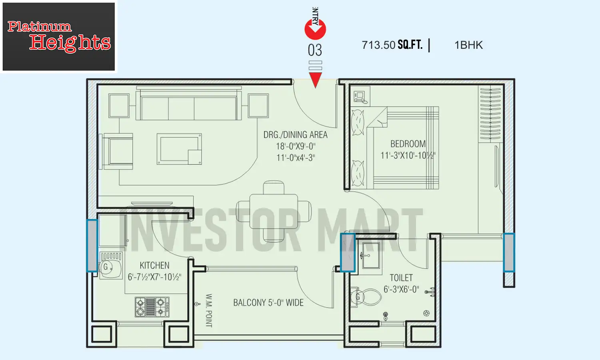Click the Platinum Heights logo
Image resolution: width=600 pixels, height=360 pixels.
click(x=59, y=37)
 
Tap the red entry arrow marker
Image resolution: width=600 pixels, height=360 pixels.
click(x=315, y=29)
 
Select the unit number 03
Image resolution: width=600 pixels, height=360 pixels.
click(x=315, y=50)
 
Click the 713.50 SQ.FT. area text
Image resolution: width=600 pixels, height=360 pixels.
click(x=392, y=45)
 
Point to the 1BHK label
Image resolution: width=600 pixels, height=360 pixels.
click(x=468, y=45)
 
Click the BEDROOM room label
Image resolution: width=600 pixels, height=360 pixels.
click(x=408, y=144)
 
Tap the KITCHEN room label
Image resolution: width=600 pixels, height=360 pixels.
click(x=154, y=266)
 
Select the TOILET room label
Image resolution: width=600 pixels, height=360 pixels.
click(x=401, y=278)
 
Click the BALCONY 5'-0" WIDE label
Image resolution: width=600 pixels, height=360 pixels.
click(x=268, y=303)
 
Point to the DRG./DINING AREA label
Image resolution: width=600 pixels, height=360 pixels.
click(x=295, y=135)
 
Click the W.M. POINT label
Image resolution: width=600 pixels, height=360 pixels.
click(x=209, y=310)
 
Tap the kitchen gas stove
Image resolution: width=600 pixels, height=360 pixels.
click(x=152, y=307)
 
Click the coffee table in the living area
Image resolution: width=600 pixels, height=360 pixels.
click(x=179, y=149)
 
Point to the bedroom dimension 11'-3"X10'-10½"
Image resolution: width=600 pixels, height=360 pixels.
click(x=408, y=156)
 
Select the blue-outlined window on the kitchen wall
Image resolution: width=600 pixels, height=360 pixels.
click(x=92, y=246)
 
